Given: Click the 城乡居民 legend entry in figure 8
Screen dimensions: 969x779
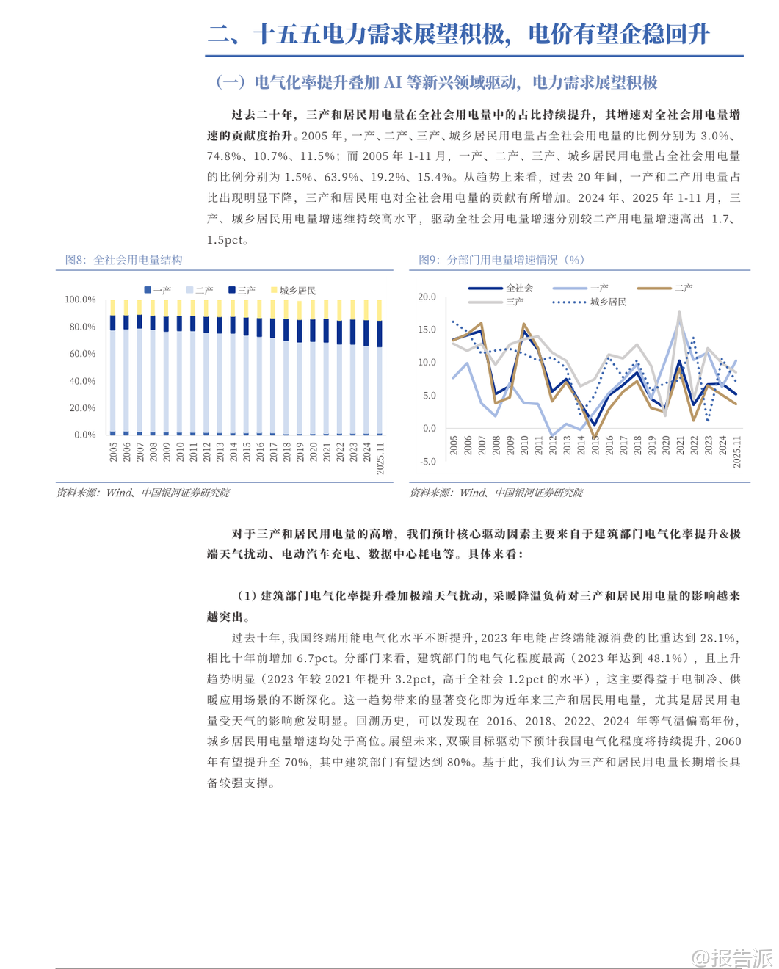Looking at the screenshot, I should point(293,291).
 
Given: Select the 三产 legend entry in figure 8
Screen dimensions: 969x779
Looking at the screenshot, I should point(242,291).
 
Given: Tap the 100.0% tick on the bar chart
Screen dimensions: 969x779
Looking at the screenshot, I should point(80,300).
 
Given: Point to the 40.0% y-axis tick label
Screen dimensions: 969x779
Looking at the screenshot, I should point(82,381).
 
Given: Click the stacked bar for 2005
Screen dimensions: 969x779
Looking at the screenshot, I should point(112,367).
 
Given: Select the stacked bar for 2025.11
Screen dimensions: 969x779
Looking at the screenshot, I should point(380,367).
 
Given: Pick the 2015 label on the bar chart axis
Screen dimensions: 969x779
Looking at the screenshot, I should point(247,451).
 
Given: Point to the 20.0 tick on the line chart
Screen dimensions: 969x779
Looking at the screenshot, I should point(427,297).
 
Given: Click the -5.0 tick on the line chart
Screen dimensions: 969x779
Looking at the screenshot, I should point(427,462).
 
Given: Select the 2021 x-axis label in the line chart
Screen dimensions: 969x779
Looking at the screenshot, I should point(680,445).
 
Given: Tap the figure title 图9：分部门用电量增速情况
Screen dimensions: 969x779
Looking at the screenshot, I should point(501,260).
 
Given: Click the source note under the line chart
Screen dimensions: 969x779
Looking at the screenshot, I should point(496,493).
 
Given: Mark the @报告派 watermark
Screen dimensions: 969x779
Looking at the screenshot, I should point(733,957).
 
